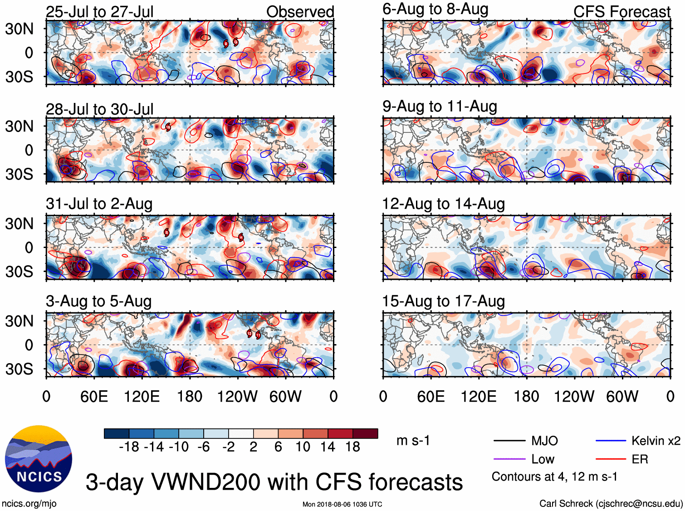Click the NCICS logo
click(39, 458)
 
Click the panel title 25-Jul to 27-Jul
click(99, 12)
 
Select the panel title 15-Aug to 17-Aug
click(443, 301)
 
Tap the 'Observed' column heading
click(300, 12)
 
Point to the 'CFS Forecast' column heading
click(621, 12)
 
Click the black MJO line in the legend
click(509, 440)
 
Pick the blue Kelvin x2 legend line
click(611, 440)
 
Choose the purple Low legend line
click(509, 459)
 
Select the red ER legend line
click(611, 459)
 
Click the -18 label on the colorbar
click(129, 447)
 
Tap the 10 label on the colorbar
click(303, 447)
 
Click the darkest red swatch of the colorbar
click(365, 433)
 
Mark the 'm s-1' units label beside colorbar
click(413, 440)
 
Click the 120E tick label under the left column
click(142, 397)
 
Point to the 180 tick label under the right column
click(526, 397)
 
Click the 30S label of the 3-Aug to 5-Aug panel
click(19, 369)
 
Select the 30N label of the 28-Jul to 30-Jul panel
click(19, 126)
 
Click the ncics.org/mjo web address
click(29, 503)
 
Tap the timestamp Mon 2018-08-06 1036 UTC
click(342, 504)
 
